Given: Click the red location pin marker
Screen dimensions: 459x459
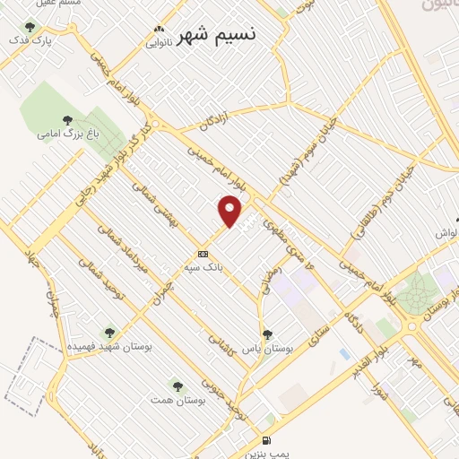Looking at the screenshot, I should click(x=230, y=212).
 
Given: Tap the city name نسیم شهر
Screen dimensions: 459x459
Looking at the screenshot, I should click(x=216, y=35).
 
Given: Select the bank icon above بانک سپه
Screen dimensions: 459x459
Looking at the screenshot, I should click(x=203, y=254).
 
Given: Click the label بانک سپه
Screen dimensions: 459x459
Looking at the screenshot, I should click(x=203, y=267).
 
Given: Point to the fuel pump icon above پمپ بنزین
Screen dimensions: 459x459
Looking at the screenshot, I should click(x=265, y=440).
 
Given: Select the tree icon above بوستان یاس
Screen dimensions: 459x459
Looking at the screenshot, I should click(x=266, y=334).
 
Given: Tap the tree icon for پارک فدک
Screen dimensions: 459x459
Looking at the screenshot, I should click(x=31, y=27).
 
